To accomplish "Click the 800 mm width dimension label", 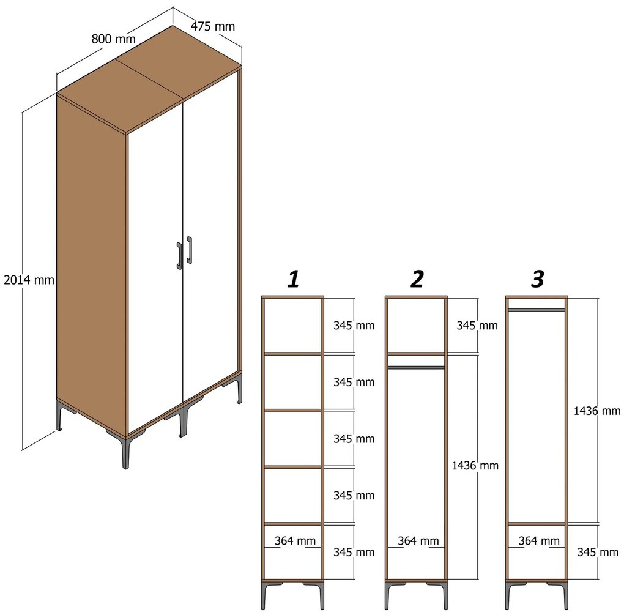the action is pos(113,39).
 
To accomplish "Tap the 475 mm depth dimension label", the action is pos(213,26).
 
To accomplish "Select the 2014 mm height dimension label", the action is pos(29,280).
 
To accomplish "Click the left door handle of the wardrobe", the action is pos(179,256).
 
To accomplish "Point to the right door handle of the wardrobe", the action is pos(190,250).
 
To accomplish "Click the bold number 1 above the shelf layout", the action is pos(294,278).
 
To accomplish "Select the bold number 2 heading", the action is pos(417,278).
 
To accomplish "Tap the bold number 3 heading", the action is pos(538,278).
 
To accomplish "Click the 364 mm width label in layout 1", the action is pos(295,541).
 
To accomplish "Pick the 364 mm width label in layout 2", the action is pos(418,541).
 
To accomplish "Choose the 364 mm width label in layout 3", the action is pos(539,541).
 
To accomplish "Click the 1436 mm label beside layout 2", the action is pos(475,465).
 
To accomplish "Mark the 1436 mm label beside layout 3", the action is pos(597,411).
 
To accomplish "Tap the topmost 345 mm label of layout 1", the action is pos(354,326).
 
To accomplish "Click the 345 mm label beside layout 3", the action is pos(598,552).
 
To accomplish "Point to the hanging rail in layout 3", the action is pos(537,310).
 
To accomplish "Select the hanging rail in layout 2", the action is pos(416,368).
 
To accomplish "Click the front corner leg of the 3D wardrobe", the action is pos(126,453).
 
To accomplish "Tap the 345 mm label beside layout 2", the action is pos(477,326).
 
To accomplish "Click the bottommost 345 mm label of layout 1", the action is pos(354,552).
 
